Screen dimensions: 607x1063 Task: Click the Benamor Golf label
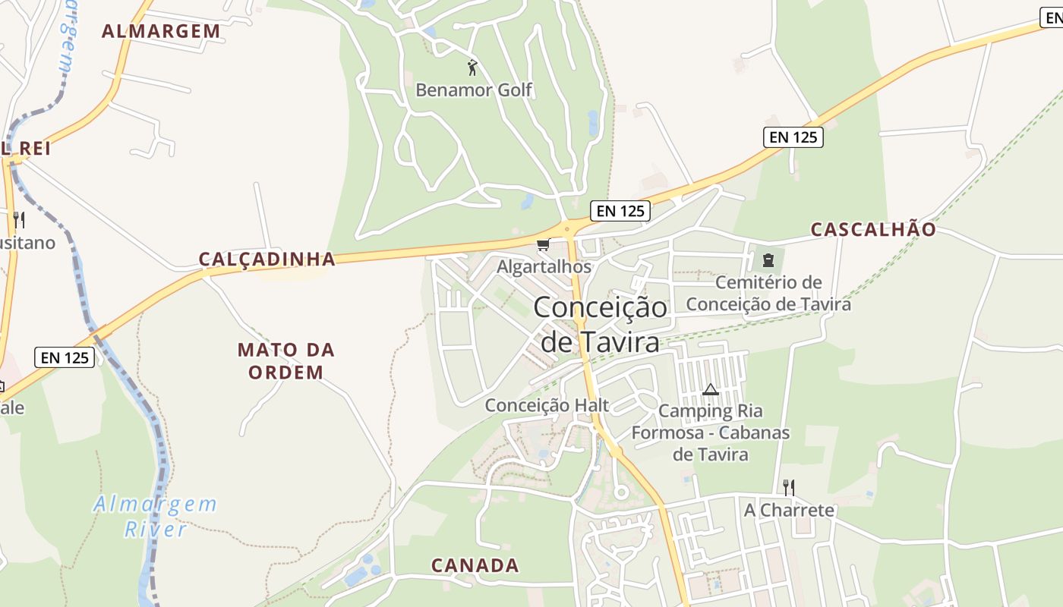[x=474, y=90]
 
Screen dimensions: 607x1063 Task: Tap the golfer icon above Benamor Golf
[x=472, y=68]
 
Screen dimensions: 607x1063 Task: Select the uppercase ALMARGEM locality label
[x=161, y=31]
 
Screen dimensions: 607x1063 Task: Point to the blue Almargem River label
[x=156, y=516]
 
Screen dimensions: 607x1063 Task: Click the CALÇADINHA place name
[x=267, y=259]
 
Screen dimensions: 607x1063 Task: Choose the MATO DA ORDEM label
[x=285, y=361]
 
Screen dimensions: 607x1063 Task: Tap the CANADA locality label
[x=475, y=565]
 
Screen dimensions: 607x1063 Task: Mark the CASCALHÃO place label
[x=873, y=229]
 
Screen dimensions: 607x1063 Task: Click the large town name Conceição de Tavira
[x=600, y=325]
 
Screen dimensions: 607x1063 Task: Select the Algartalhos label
[x=544, y=267]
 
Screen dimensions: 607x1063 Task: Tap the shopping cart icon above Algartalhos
[x=543, y=244]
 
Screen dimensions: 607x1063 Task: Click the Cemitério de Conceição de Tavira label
[x=768, y=294]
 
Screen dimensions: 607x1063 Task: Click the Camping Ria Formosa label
[x=711, y=432]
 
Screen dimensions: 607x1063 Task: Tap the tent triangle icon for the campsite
[x=711, y=390]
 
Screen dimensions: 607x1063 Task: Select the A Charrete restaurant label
[x=789, y=510]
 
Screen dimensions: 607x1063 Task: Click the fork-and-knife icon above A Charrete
[x=789, y=487]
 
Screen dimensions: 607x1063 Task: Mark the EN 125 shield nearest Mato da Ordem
[x=65, y=357]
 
